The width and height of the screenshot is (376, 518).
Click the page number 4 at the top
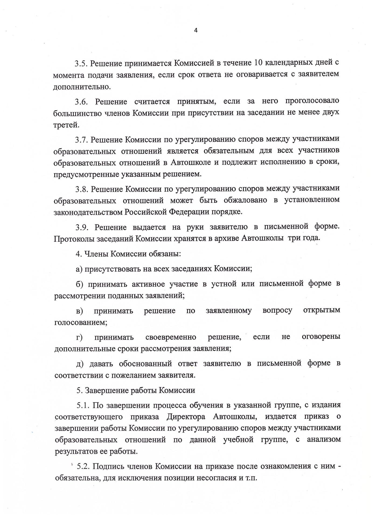[196, 30]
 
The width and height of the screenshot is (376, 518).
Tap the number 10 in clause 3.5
[258, 63]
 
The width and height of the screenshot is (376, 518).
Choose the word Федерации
[189, 212]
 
